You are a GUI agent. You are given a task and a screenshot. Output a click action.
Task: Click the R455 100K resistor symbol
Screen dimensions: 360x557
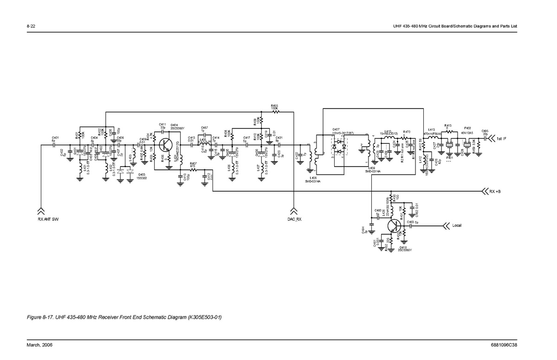(274, 112)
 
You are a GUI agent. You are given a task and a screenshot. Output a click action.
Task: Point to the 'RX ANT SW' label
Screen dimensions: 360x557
(48, 219)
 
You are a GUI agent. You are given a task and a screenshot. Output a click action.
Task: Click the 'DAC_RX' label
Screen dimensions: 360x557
(294, 219)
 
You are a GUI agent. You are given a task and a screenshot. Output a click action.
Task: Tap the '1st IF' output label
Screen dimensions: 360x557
(501, 139)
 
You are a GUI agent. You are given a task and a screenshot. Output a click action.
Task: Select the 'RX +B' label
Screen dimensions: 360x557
(495, 191)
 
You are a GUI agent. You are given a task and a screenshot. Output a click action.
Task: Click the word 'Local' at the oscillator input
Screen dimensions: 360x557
(457, 225)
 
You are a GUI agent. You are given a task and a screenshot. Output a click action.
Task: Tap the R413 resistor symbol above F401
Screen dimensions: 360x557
(448, 132)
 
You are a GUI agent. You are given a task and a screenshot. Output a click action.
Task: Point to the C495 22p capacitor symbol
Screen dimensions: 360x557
(485, 138)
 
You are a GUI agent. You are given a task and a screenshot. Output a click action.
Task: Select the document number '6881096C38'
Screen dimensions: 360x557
(504, 345)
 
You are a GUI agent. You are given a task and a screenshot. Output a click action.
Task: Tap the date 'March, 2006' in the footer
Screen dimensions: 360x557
(39, 345)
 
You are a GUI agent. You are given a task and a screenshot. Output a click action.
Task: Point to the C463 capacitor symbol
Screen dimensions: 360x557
(411, 226)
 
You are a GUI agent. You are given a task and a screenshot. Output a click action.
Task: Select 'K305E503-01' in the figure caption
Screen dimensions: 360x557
(202, 317)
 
